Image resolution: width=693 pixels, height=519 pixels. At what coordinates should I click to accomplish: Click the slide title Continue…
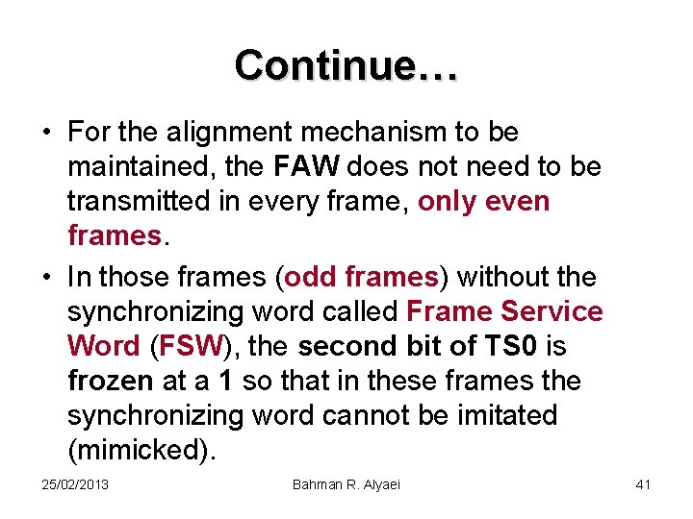point(346,65)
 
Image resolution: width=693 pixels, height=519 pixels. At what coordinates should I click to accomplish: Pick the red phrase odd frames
point(362,278)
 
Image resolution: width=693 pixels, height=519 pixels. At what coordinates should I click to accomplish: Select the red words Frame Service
point(505,312)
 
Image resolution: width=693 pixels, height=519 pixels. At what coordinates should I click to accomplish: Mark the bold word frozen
point(111,382)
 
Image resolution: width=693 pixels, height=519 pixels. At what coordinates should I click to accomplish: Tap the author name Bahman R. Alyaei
point(346,484)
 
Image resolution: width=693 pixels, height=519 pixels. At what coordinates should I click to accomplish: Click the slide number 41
point(643,484)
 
